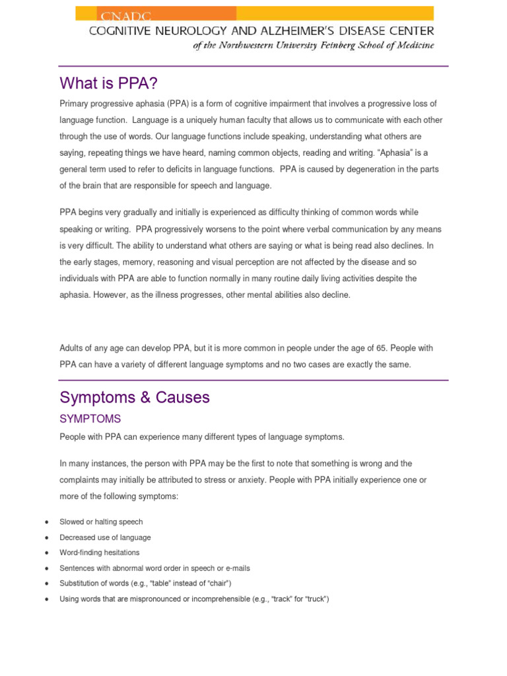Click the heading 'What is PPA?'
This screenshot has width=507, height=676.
(x=109, y=83)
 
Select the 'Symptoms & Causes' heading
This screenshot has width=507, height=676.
(x=135, y=397)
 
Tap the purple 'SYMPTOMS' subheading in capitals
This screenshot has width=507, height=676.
(x=90, y=419)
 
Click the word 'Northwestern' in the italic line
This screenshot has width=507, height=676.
(x=262, y=45)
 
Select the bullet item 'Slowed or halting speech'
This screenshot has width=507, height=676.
(x=101, y=522)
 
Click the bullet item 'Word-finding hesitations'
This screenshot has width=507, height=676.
(x=100, y=553)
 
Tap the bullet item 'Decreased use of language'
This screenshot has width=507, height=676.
(x=105, y=537)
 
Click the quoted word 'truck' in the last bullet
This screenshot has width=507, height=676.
(x=314, y=599)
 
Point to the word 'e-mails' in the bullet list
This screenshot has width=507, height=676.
(x=237, y=568)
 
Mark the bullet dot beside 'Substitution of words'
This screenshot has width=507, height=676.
(x=47, y=584)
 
